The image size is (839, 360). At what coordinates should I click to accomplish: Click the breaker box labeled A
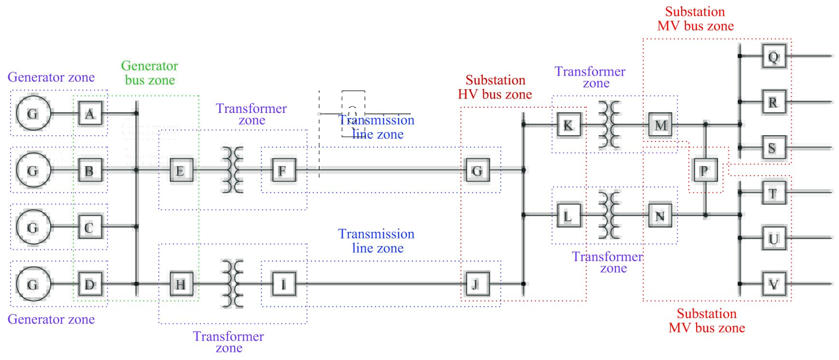tap(90, 114)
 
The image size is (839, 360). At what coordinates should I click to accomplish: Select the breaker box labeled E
tap(181, 170)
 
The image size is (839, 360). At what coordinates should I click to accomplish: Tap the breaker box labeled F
tap(283, 170)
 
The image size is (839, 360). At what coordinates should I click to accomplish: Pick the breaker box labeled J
tap(477, 284)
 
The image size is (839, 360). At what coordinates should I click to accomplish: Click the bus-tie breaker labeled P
tap(705, 170)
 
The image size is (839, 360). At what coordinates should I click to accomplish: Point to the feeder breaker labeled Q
tap(774, 56)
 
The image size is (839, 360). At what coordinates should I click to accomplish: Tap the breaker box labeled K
tap(569, 125)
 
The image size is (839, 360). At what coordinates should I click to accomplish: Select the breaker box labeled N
tap(660, 216)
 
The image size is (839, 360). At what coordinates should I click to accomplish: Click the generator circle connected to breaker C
tap(33, 227)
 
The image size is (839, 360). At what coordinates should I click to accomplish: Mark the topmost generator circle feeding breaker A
tap(33, 114)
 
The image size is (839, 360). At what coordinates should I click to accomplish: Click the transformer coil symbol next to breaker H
tap(232, 284)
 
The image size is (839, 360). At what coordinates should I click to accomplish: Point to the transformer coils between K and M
tap(609, 125)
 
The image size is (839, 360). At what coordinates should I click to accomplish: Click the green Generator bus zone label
tap(150, 73)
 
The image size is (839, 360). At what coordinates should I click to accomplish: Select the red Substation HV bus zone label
tap(495, 87)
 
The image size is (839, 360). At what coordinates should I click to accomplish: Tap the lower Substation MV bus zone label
tap(707, 321)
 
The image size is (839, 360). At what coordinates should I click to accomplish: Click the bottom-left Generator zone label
tap(51, 319)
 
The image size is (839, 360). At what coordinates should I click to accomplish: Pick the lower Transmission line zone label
tap(377, 241)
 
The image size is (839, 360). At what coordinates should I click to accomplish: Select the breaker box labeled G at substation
tap(477, 170)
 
